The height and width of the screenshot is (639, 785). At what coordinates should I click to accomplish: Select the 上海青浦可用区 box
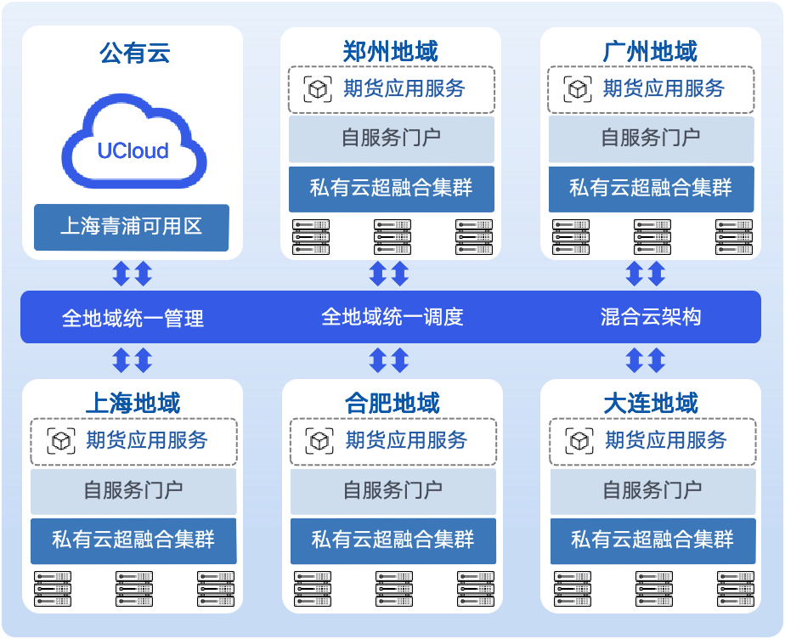132,227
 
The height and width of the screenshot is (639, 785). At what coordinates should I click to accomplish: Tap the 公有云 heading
134,54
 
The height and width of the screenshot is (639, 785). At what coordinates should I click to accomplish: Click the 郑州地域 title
391,52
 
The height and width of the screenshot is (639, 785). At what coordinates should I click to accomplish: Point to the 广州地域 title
650,52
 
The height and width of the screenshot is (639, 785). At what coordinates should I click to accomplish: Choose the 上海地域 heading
133,403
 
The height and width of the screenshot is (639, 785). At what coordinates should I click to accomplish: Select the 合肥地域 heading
392,403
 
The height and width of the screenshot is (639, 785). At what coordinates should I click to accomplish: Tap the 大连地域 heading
652,403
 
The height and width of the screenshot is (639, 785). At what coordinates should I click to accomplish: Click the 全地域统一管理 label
133,319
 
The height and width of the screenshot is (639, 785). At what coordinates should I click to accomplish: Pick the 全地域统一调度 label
392,318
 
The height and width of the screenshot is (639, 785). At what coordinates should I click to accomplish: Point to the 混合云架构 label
651,318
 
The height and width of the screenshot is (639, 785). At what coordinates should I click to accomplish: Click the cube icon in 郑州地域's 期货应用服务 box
319,89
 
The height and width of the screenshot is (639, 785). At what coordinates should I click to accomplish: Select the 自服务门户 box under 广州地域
651,138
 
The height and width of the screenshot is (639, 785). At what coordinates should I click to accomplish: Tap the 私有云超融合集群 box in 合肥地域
392,539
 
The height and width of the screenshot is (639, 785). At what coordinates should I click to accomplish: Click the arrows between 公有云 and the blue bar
133,274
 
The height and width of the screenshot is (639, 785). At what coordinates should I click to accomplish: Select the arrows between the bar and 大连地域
646,360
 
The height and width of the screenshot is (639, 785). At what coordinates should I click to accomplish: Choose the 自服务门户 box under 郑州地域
392,138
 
